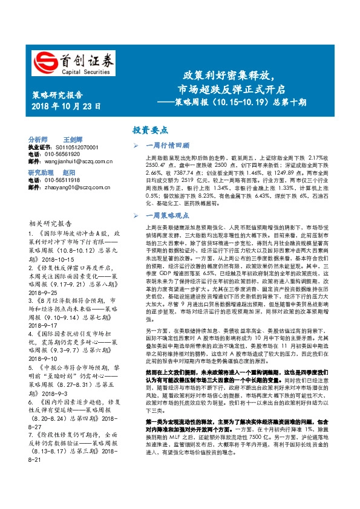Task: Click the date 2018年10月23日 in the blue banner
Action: click(66, 106)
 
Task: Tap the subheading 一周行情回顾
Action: click(169, 146)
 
